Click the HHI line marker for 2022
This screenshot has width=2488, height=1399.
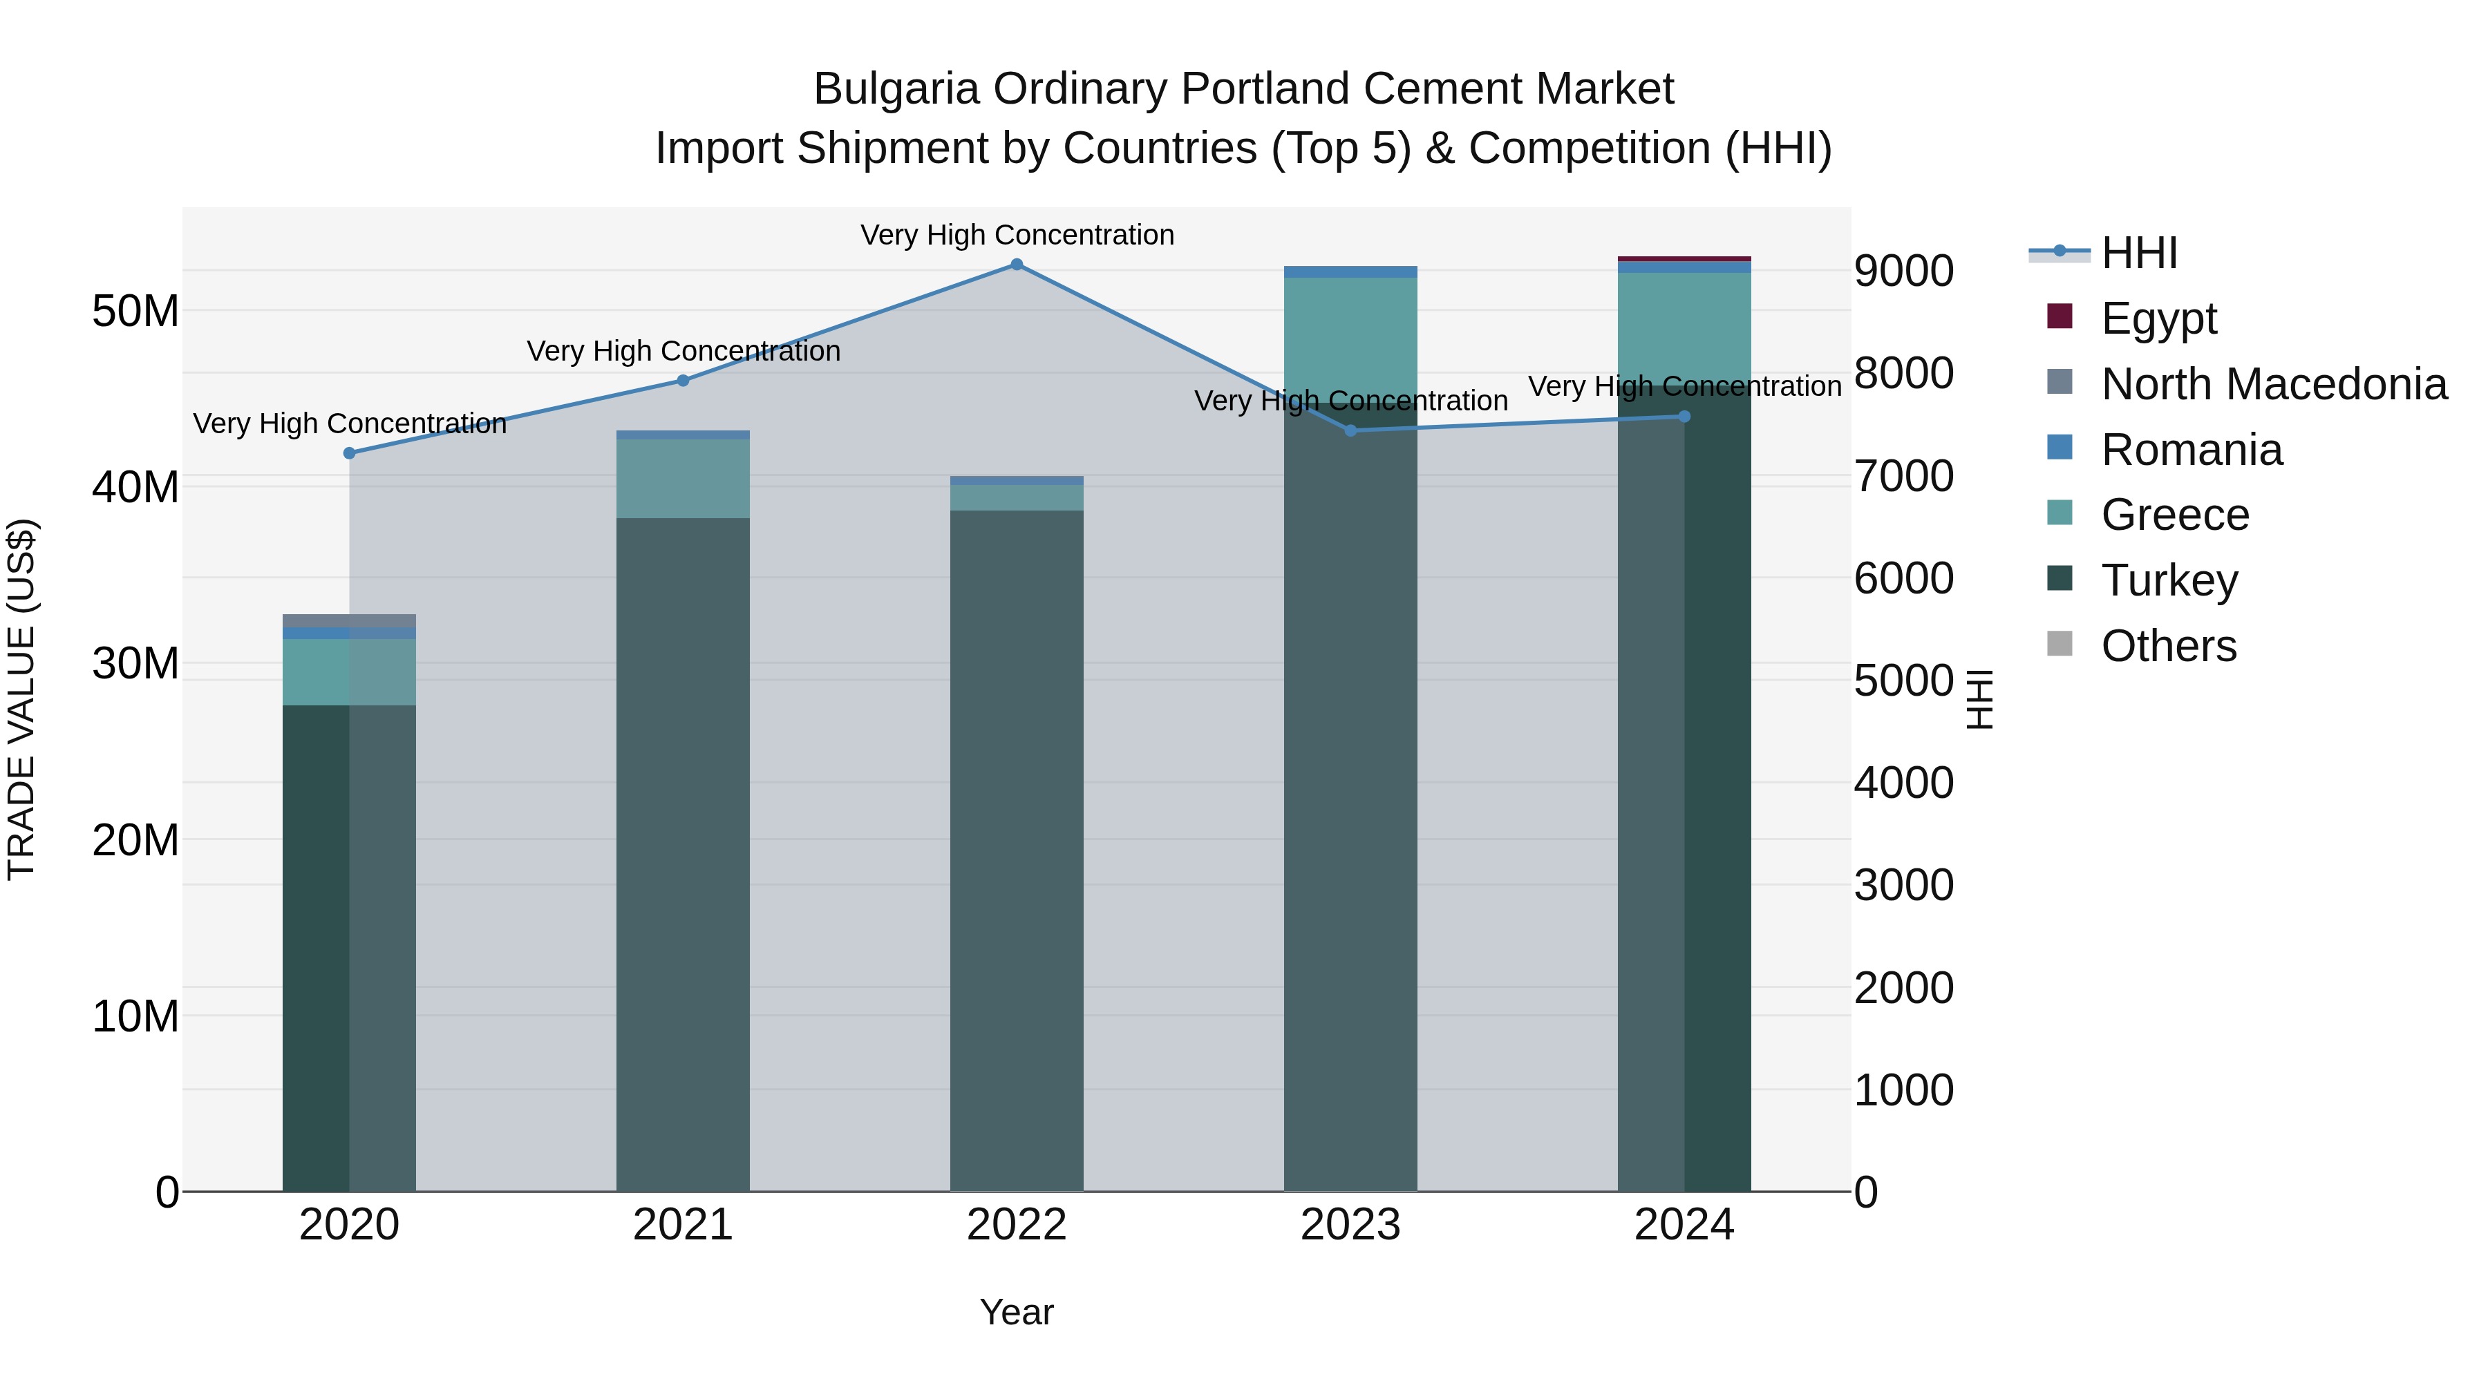[1016, 265]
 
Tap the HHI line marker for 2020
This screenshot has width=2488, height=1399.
[350, 453]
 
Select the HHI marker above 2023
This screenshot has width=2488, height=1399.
[1350, 430]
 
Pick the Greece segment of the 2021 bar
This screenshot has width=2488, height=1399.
[683, 479]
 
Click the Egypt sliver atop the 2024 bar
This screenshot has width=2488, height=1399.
[1684, 259]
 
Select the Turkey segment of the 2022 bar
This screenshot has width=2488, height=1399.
[1016, 850]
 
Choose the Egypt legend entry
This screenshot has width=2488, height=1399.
[2158, 318]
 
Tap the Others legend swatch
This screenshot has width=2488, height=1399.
[2060, 644]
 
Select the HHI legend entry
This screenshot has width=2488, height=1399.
[2138, 253]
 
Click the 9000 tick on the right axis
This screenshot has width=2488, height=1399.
[1903, 272]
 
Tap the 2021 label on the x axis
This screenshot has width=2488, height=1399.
[683, 1225]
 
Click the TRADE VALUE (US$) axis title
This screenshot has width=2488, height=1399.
[21, 699]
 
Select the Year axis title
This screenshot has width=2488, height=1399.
[1016, 1312]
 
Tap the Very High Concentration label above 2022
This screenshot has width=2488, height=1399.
[1016, 235]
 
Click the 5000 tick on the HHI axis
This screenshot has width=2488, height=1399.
[1903, 681]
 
